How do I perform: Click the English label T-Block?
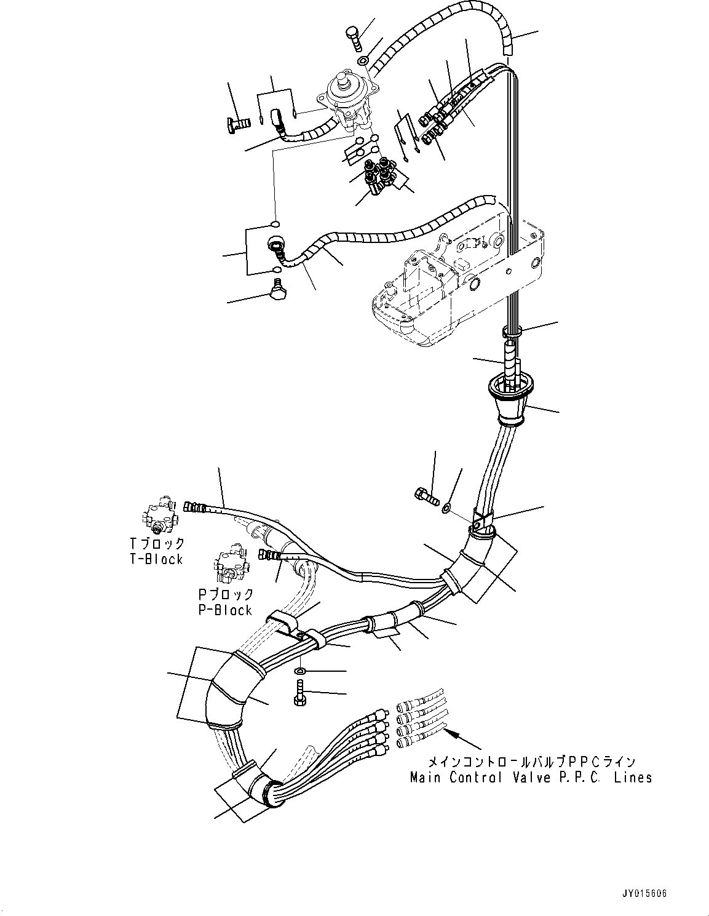[156, 559]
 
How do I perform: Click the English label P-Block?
[225, 610]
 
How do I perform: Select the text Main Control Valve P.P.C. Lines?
[531, 778]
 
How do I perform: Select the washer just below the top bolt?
[363, 60]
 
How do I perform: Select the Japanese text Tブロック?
[157, 543]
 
